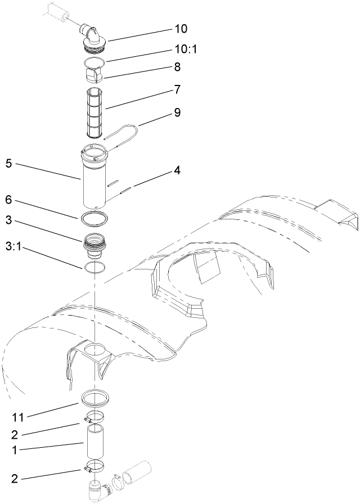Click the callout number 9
pyautogui.click(x=177, y=112)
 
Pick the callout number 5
pyautogui.click(x=8, y=164)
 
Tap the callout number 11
pyautogui.click(x=17, y=417)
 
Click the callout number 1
pyautogui.click(x=8, y=451)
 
